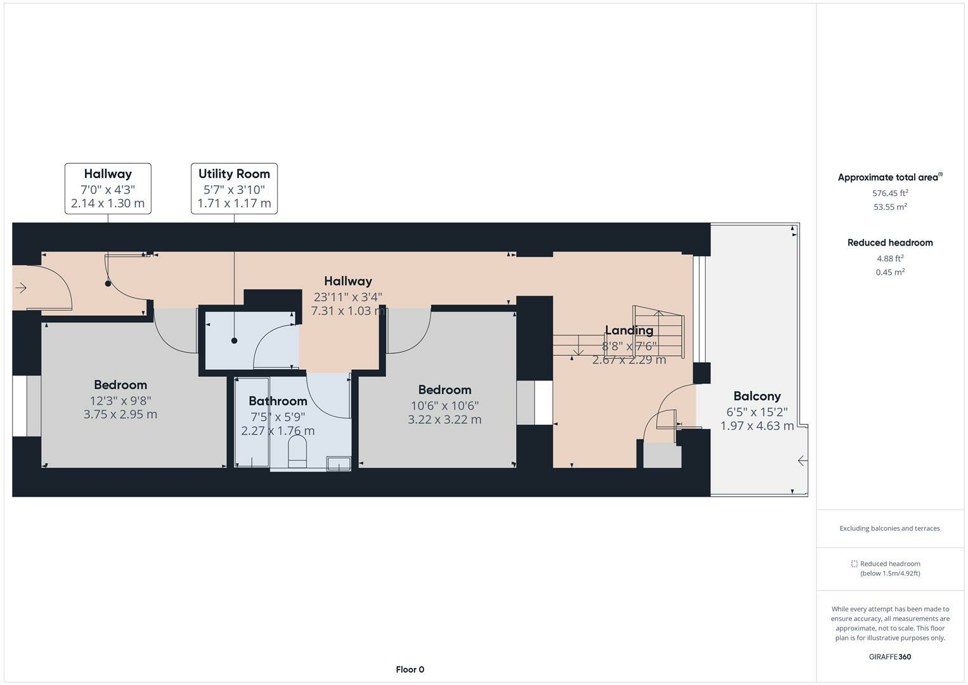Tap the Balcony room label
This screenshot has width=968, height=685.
coord(757,396)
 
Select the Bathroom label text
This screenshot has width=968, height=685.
coord(278,401)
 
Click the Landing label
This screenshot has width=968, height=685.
coord(629,330)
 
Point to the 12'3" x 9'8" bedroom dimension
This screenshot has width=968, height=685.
coord(120,400)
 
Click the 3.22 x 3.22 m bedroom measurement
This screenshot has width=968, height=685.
coord(444,419)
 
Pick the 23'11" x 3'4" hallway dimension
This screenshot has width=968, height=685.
coord(348,296)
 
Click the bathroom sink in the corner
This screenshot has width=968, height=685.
coord(339,464)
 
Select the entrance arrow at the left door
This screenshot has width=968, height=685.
coord(21,288)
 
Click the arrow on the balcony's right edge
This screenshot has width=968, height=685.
coord(803,460)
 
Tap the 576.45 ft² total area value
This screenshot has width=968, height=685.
coord(890,193)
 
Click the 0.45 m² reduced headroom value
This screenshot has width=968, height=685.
coord(890,272)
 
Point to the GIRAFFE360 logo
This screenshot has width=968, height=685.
coord(890,656)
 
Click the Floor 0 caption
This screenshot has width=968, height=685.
coord(410,669)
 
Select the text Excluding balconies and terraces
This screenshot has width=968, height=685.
coord(889,528)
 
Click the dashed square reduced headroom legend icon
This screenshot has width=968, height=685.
coord(854,564)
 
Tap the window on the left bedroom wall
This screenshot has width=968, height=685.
coord(20,406)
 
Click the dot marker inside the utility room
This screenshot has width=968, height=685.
coord(234,341)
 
